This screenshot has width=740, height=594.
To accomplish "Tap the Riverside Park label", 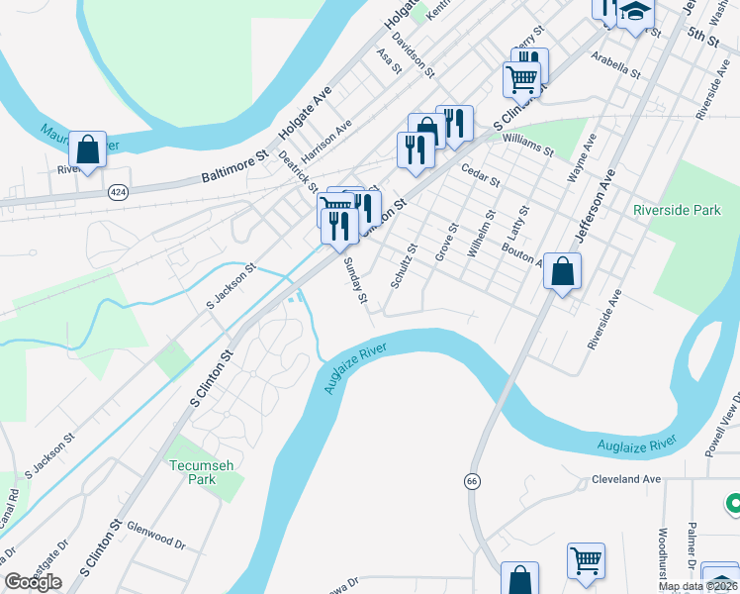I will pos(678,210).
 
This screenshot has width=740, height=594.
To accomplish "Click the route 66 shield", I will pos(472,480).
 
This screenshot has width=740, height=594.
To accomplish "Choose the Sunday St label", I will pos(355,281).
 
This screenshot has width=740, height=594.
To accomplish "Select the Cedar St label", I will pos(481,175).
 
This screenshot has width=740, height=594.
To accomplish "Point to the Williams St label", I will pos(527,148).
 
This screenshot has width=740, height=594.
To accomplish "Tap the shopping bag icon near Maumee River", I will pos(87,150).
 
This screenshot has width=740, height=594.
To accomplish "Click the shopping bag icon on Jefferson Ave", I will pos(562,270).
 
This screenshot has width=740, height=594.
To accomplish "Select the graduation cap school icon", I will pos(636,14).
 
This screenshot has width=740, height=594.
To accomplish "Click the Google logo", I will pos(33,582).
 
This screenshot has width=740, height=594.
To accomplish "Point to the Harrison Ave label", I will pos(327,144).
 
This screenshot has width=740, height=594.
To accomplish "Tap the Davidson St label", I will pos(413,53).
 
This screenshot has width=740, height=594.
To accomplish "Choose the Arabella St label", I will pos(615,65).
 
